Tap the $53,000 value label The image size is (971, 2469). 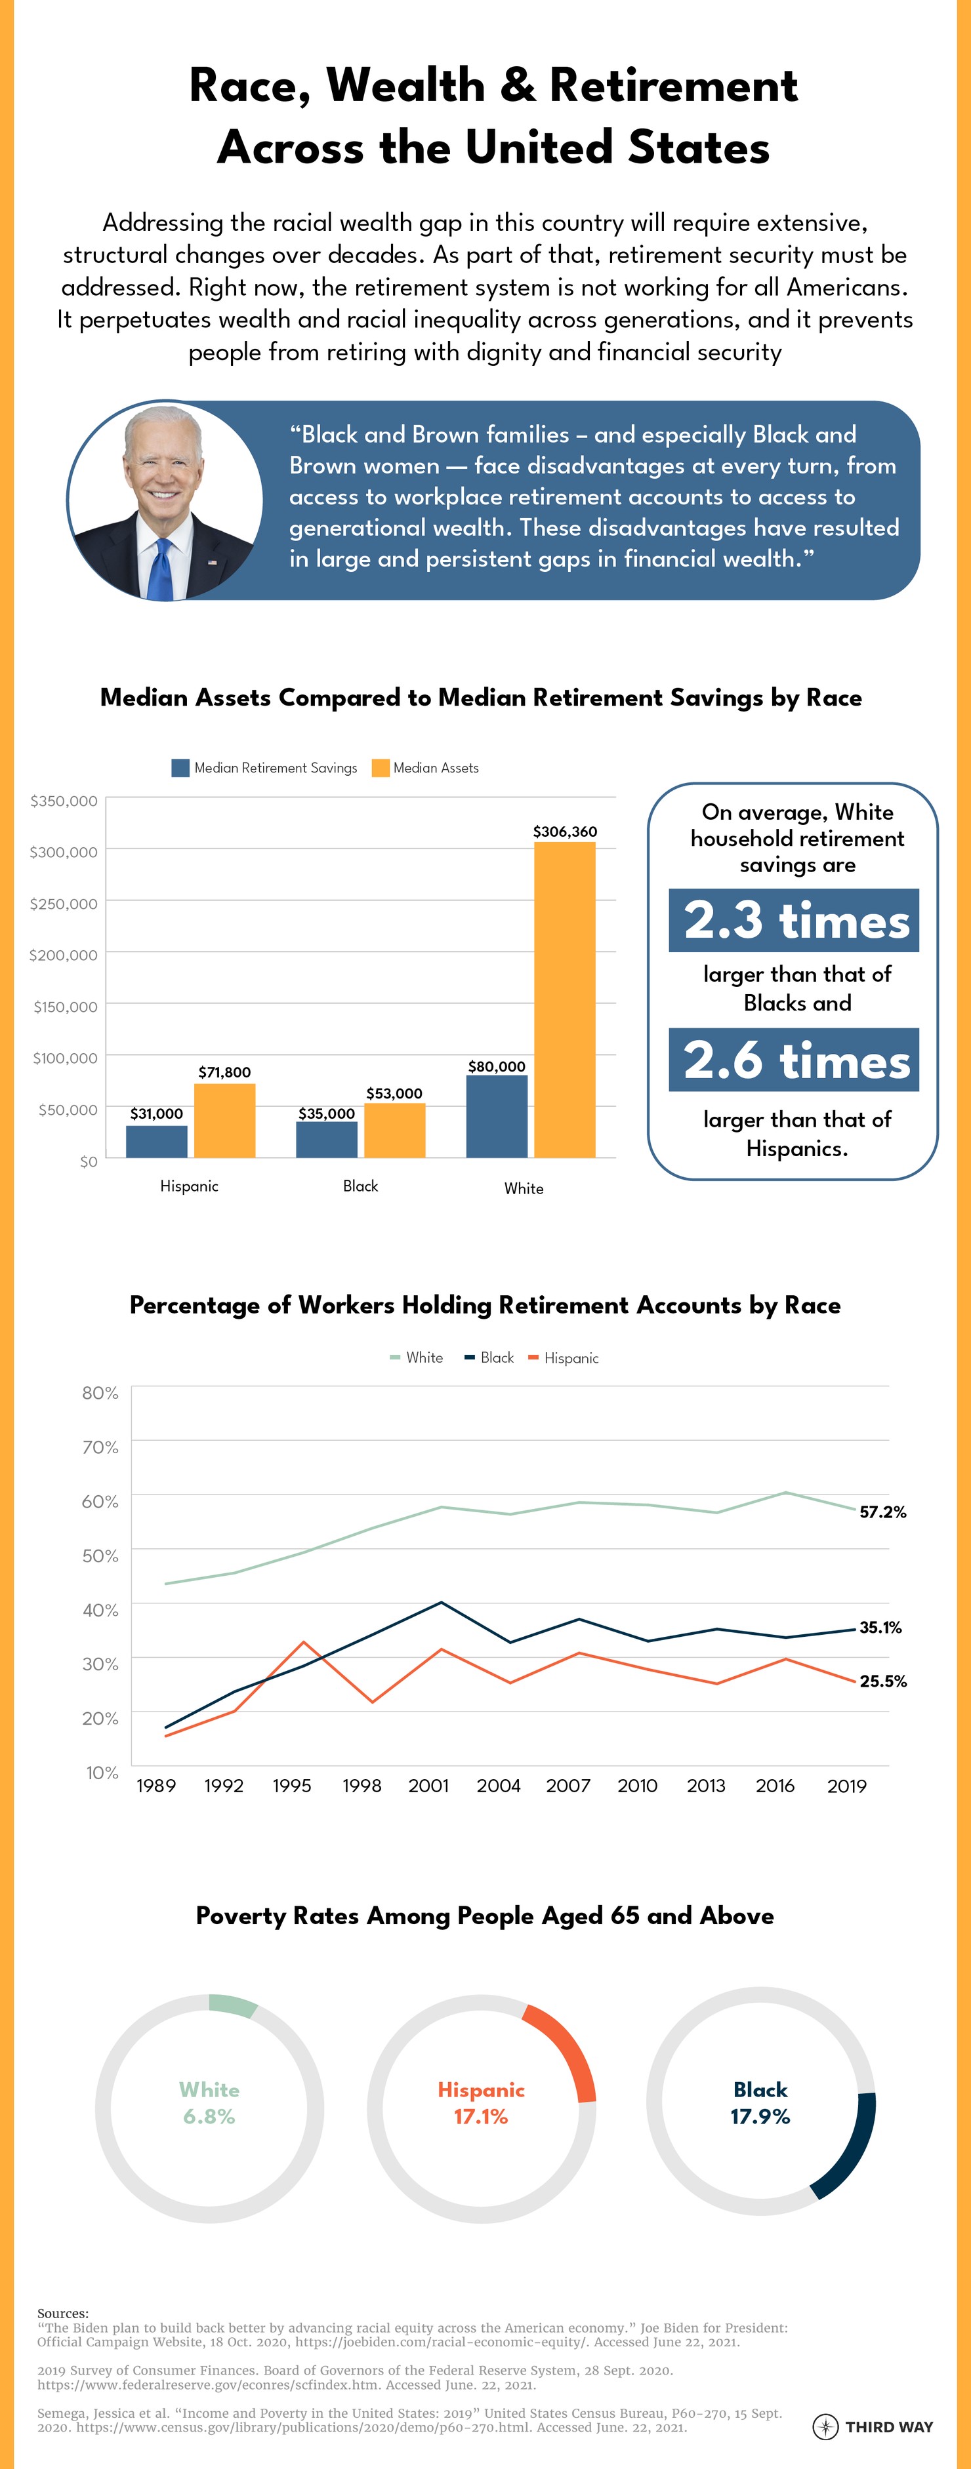pos(394,1094)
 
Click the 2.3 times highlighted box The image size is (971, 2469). pos(794,920)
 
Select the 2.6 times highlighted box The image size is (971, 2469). pos(794,1060)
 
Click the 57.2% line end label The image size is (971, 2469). pos(882,1512)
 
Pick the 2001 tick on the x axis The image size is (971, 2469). pos(428,1786)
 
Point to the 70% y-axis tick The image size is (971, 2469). pos(100,1447)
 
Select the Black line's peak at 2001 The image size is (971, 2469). pos(441,1603)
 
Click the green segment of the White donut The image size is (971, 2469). pos(233,2005)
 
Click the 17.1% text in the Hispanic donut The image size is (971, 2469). pos(480,2118)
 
